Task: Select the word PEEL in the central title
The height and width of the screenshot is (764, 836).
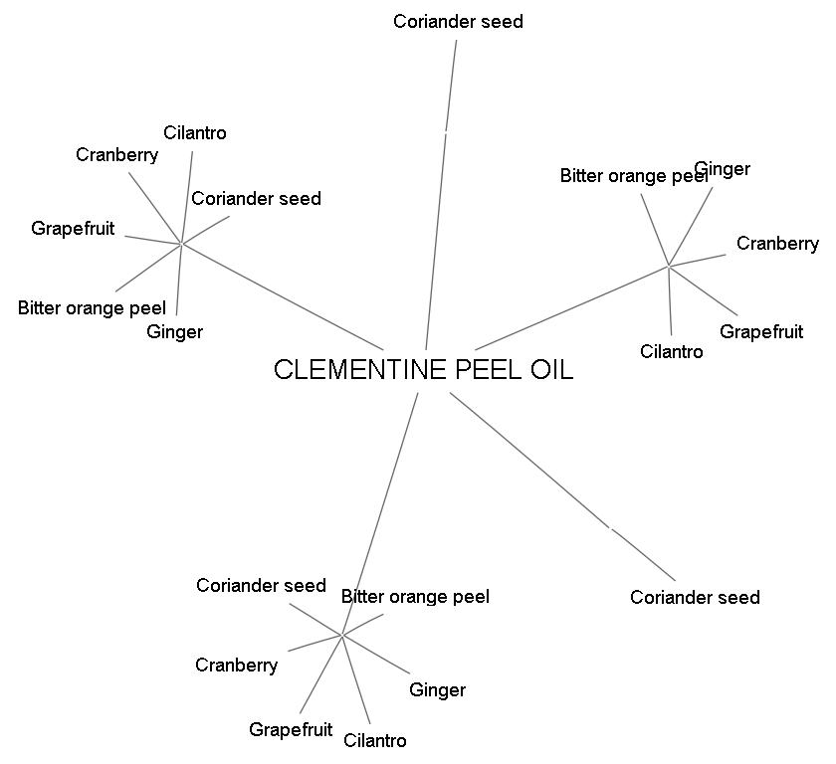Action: pos(490,370)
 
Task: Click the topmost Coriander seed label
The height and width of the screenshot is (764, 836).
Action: pos(458,21)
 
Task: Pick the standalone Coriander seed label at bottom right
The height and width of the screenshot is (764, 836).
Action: pos(695,597)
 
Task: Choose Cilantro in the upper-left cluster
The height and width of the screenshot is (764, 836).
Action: pos(195,132)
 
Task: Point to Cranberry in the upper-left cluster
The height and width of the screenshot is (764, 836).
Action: pos(116,154)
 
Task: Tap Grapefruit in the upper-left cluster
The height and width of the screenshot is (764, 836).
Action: pos(73,228)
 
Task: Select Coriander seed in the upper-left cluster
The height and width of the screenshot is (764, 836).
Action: pos(256,198)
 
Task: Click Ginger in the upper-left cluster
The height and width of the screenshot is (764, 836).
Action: pos(174,331)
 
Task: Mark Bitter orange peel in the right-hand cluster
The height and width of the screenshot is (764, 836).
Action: pos(633,176)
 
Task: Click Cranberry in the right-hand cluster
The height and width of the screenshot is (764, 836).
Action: pos(777,244)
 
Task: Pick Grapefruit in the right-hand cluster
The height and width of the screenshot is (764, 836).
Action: pos(761,331)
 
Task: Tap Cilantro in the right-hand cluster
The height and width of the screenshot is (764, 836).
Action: pos(671,351)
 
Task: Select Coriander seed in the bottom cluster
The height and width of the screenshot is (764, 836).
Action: pos(261,585)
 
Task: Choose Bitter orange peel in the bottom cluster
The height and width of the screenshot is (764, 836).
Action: pos(415,597)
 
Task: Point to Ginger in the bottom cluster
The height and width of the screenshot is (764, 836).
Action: pos(437,689)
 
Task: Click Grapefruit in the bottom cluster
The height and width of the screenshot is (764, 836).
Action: pos(291,729)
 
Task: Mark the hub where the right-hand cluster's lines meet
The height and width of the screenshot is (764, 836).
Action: pos(669,266)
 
